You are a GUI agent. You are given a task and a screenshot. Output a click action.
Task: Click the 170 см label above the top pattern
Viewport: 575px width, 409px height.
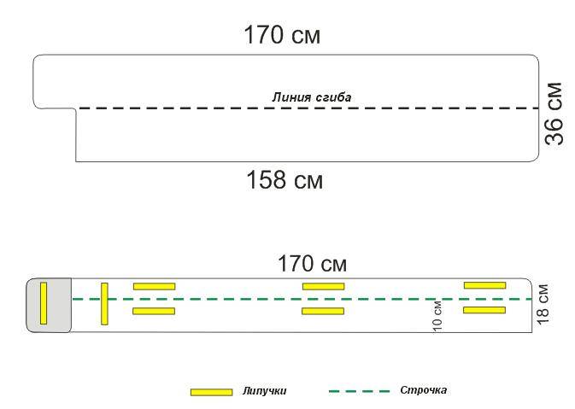pyautogui.click(x=282, y=36)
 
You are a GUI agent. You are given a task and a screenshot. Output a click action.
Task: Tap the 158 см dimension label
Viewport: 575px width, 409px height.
pyautogui.click(x=284, y=181)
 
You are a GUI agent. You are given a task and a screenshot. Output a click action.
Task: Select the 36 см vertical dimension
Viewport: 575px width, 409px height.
pyautogui.click(x=555, y=114)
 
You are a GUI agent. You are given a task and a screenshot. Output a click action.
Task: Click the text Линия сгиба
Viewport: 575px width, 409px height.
pyautogui.click(x=312, y=97)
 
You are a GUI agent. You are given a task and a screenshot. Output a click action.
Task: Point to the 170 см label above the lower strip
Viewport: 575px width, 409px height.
pyautogui.click(x=313, y=263)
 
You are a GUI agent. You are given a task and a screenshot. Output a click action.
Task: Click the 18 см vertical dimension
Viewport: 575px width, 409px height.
pyautogui.click(x=544, y=304)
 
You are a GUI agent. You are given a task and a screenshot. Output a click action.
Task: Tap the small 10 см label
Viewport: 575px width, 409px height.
pyautogui.click(x=437, y=316)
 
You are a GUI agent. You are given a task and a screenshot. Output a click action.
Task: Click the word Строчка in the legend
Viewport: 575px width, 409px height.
pyautogui.click(x=424, y=390)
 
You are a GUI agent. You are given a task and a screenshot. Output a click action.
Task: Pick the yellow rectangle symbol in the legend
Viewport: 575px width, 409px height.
pyautogui.click(x=211, y=392)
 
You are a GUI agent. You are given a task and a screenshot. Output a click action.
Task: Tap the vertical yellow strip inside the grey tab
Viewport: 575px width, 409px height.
pyautogui.click(x=44, y=302)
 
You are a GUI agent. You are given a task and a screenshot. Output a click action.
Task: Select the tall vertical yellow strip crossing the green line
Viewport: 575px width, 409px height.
pyautogui.click(x=104, y=303)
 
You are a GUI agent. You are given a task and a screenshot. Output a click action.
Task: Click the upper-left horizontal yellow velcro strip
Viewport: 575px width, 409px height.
pyautogui.click(x=154, y=287)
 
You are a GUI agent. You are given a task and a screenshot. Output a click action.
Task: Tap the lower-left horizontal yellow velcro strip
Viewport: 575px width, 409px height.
pyautogui.click(x=154, y=311)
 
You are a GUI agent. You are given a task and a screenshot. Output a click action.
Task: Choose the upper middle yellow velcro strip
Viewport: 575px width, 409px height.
pyautogui.click(x=323, y=287)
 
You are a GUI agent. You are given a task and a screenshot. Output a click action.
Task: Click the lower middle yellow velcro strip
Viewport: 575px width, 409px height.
pyautogui.click(x=323, y=311)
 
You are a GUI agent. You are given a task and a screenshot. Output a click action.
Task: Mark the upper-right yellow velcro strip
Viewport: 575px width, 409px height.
pyautogui.click(x=484, y=285)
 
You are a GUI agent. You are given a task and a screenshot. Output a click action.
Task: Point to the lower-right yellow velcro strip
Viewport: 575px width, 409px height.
pyautogui.click(x=484, y=310)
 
